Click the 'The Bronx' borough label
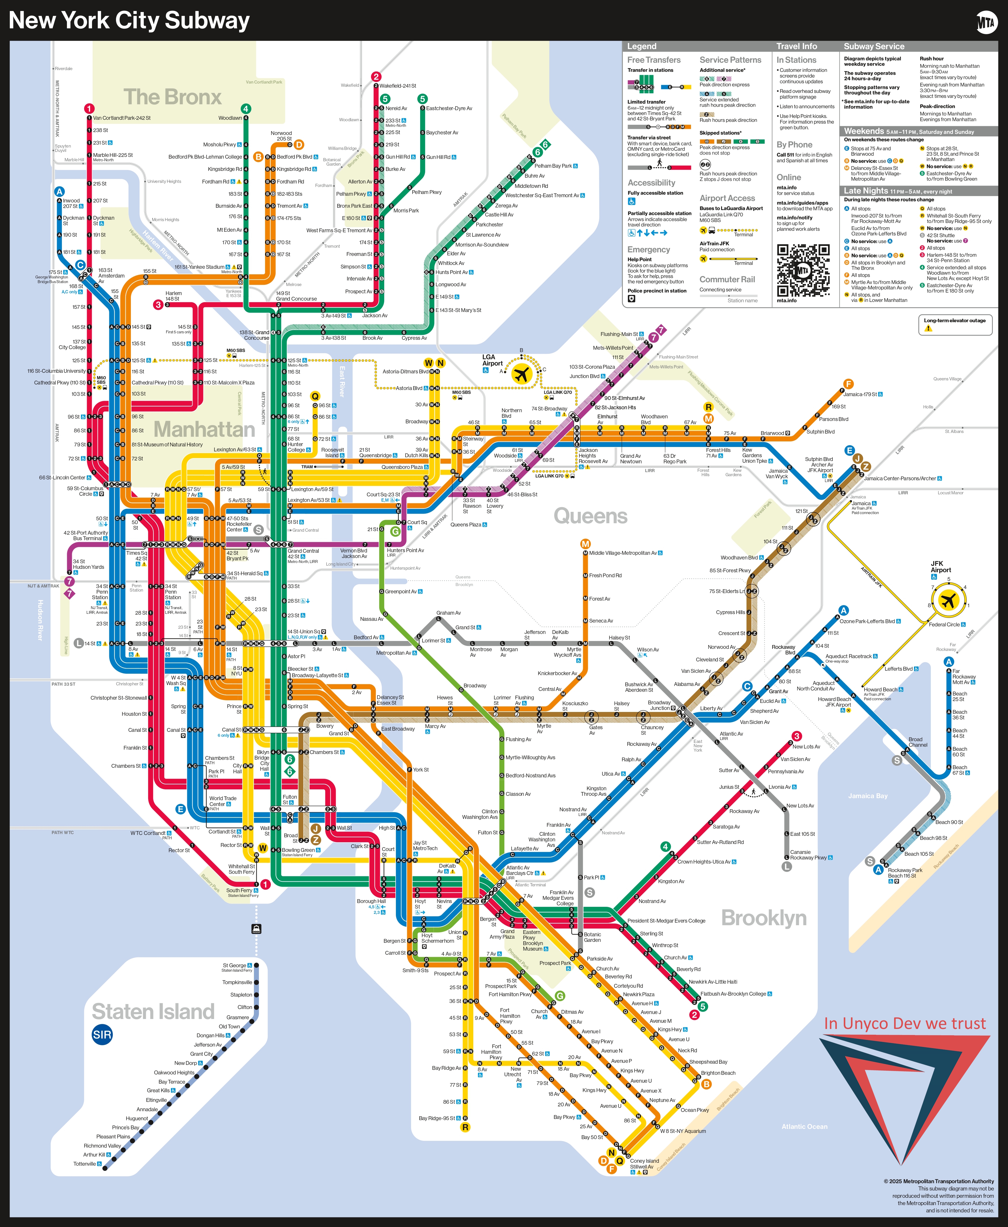pos(172,97)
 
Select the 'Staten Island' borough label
pos(153,1012)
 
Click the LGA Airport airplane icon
pos(522,374)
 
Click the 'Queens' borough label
pos(590,516)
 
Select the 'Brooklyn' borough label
pos(763,918)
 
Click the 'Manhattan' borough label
pos(205,429)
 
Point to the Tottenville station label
pos(85,1164)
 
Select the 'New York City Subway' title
pos(129,21)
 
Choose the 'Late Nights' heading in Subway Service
pos(866,191)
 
